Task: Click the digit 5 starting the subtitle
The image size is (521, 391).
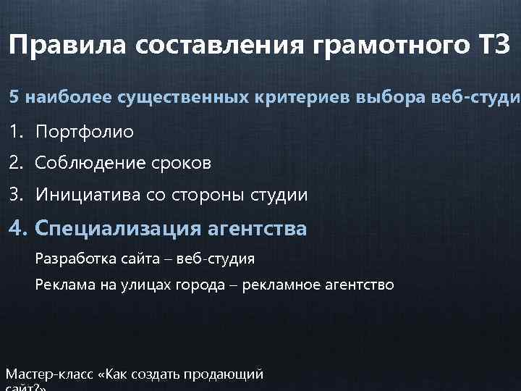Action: pos(13,97)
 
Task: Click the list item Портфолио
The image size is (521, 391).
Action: pos(84,133)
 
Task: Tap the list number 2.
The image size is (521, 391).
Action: pos(15,164)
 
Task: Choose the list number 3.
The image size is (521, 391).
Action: pos(15,195)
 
